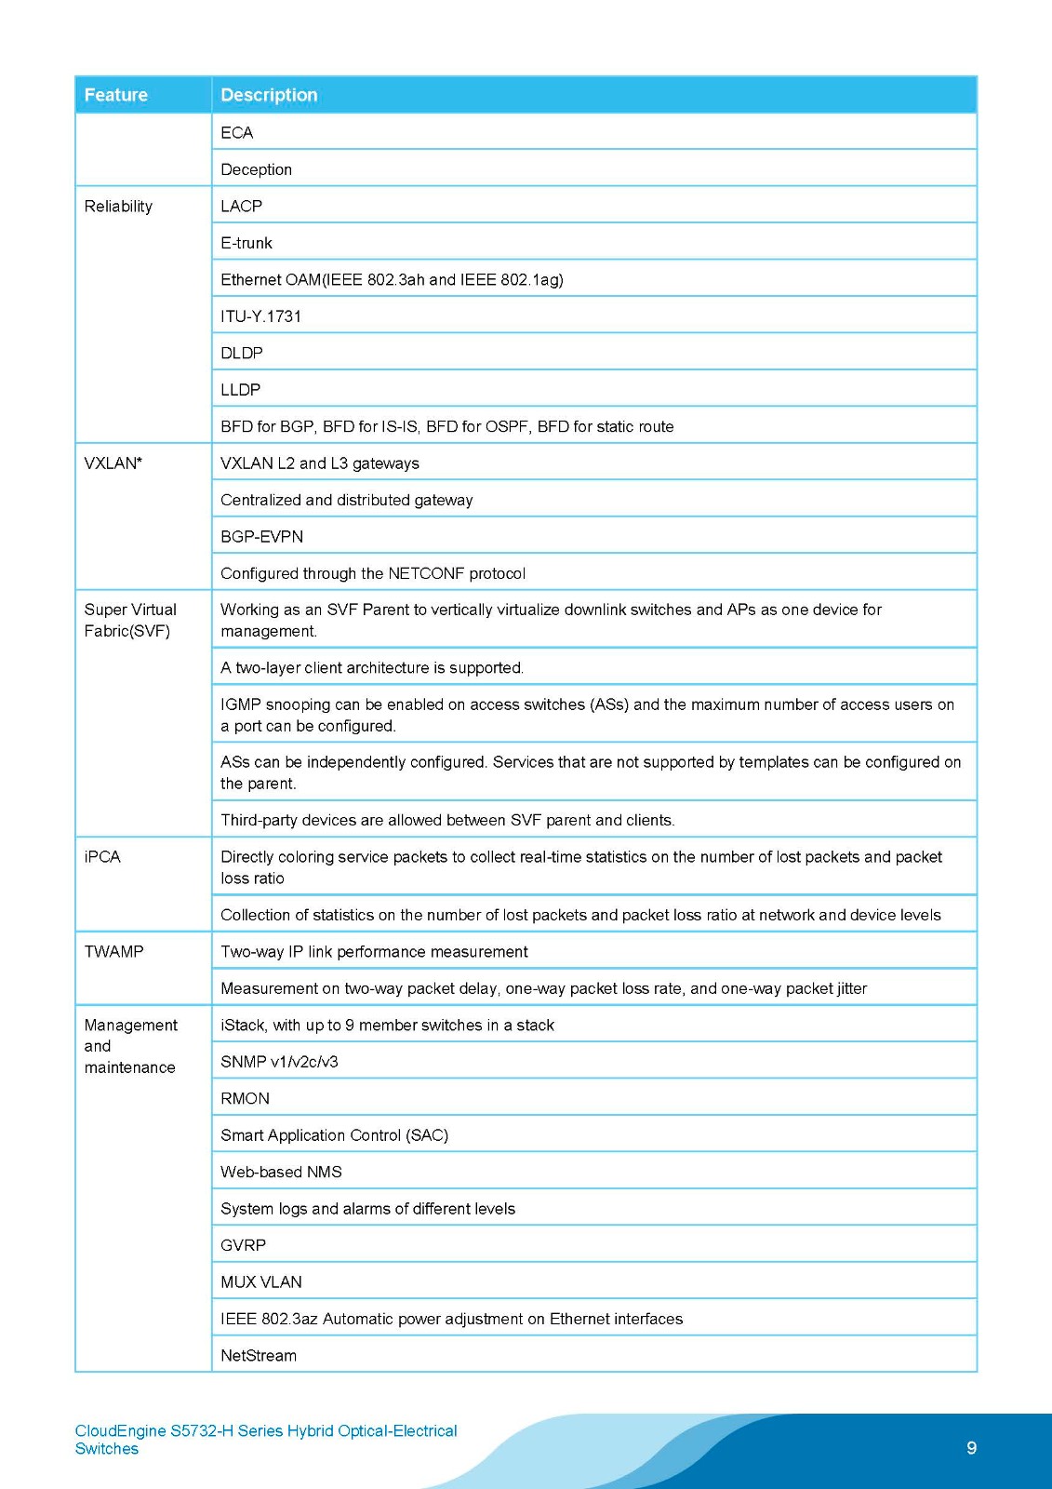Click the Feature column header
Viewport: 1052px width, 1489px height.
coord(116,95)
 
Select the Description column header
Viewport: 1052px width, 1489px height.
coord(269,95)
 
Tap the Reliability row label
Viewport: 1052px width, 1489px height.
coord(118,207)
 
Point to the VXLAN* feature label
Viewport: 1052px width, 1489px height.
coord(113,463)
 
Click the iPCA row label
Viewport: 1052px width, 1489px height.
coord(102,857)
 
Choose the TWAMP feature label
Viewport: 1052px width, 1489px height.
coord(113,952)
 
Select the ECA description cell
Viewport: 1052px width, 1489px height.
coord(237,133)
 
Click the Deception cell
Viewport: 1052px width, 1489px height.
coord(257,169)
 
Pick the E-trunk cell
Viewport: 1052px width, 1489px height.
coord(246,243)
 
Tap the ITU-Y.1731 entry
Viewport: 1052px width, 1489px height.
coord(261,316)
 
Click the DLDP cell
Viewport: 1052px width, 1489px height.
coord(242,354)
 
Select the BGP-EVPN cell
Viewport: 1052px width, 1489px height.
coord(262,537)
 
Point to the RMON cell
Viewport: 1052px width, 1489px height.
coord(246,1099)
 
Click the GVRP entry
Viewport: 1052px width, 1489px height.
coord(244,1245)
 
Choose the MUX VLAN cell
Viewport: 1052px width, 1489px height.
coord(261,1282)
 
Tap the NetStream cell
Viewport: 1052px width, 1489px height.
coord(259,1356)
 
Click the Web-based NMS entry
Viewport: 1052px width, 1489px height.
coord(281,1173)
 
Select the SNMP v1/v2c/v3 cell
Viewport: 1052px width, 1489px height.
coord(279,1062)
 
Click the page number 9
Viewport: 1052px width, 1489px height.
coord(972,1448)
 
